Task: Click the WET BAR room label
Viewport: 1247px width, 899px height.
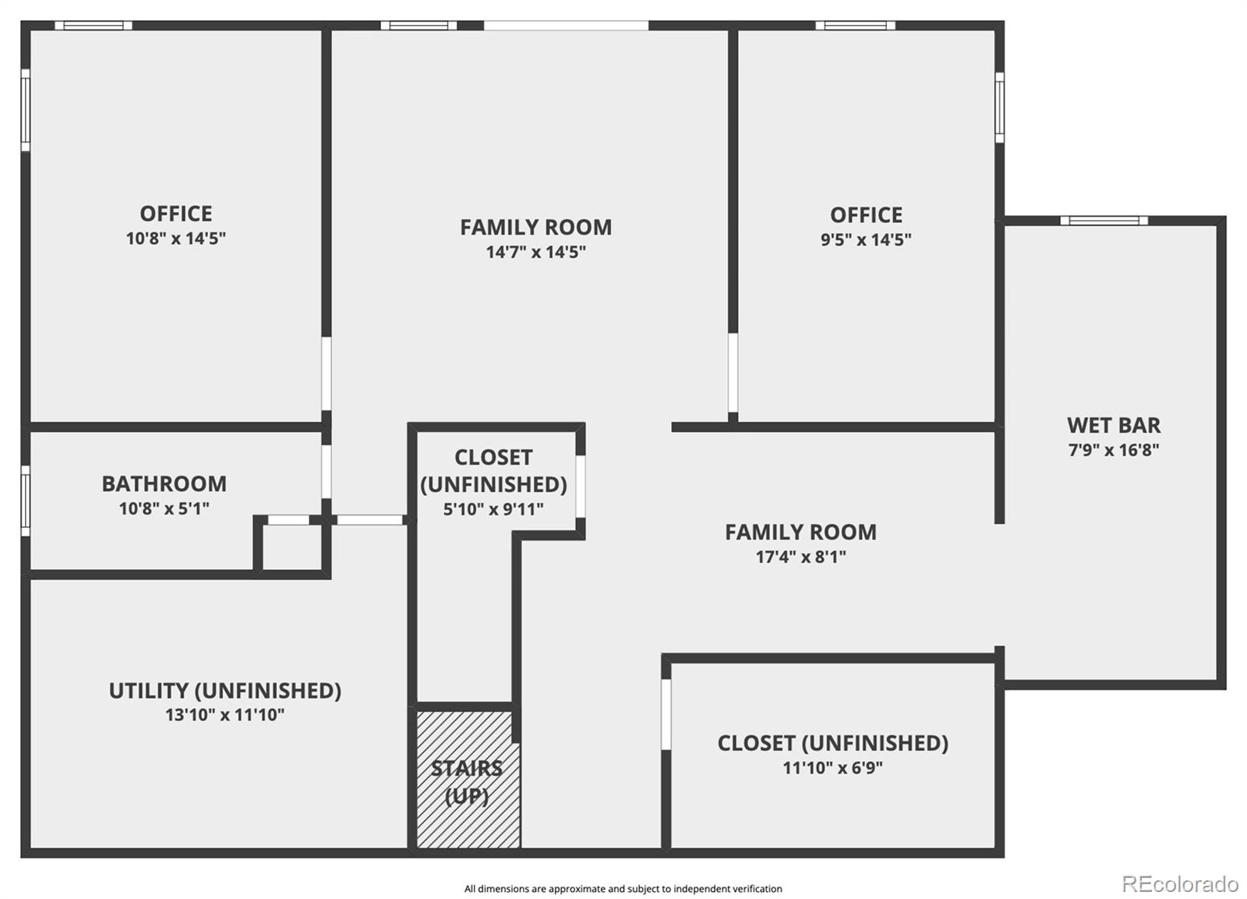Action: click(1113, 426)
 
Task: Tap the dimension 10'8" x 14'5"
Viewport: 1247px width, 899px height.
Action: click(176, 239)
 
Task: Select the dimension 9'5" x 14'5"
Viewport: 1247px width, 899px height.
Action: click(866, 240)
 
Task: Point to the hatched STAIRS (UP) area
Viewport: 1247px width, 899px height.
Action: click(468, 780)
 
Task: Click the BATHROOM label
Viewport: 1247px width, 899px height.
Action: click(164, 484)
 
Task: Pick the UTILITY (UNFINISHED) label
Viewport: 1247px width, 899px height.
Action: click(224, 691)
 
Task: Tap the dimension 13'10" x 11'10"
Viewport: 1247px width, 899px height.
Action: click(224, 715)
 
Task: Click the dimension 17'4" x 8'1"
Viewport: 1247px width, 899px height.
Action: click(800, 557)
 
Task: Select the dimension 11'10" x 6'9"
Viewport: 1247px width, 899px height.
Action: click(832, 768)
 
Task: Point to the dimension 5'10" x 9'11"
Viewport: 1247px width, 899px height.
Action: click(493, 509)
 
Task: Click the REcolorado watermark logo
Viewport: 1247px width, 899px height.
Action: click(1179, 884)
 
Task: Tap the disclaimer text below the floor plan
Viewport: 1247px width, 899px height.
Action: click(623, 889)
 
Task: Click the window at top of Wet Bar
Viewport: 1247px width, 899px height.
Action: click(1104, 221)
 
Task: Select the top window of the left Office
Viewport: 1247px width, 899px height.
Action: click(94, 26)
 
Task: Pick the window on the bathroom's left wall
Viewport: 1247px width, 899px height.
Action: click(26, 501)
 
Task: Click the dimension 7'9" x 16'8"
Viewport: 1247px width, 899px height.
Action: click(1113, 450)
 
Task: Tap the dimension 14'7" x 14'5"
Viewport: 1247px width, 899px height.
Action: click(535, 252)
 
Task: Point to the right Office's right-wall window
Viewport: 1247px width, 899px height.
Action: click(999, 108)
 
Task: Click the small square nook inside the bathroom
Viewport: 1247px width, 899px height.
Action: click(291, 547)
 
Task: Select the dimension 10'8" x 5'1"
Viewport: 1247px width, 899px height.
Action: click(164, 509)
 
